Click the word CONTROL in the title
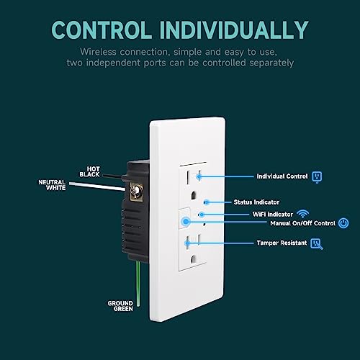coord(102,30)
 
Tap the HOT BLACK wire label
coord(89,172)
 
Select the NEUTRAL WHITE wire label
coord(52,185)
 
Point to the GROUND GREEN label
coord(120,306)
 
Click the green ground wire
coord(138,284)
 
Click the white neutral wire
coord(97,186)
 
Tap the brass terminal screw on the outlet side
coord(136,192)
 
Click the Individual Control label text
coord(282,176)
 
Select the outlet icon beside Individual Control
coord(317,177)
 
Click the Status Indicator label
coord(256,202)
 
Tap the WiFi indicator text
coord(273,214)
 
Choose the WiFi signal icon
coord(302,214)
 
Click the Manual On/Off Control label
coord(303,223)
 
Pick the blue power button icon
coord(343,223)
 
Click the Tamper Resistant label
coord(282,243)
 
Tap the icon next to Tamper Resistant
coord(317,244)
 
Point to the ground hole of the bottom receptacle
coord(194,258)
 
